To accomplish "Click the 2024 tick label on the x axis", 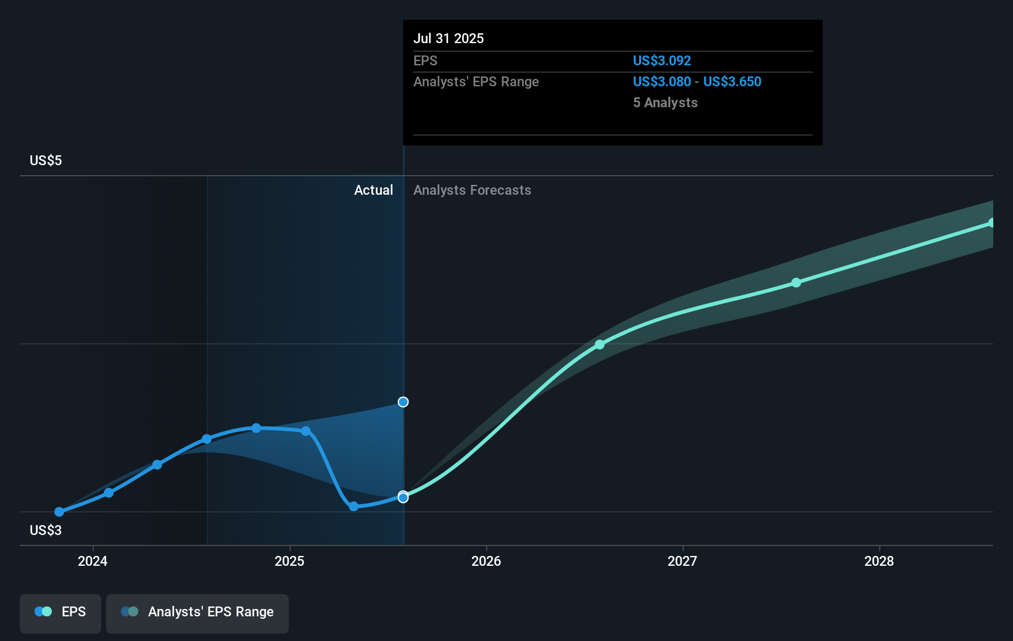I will click(93, 561).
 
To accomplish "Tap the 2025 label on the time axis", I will click(289, 561).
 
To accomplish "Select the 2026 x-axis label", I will click(486, 561).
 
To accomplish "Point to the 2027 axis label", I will click(682, 561).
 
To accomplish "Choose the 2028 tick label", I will click(879, 561).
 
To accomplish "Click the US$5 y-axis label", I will click(46, 161).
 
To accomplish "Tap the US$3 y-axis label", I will click(46, 530).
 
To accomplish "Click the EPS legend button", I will click(60, 612).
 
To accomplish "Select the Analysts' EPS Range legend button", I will click(197, 612).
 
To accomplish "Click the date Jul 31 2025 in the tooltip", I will click(449, 38).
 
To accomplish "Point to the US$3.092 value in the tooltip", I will click(662, 60).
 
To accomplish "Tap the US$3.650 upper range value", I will click(732, 81).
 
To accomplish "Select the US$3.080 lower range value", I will click(662, 81).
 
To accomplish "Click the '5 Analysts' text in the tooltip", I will click(665, 102).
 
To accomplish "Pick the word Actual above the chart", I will click(373, 190).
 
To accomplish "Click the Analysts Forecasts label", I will click(472, 190).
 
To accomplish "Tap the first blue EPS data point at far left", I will click(59, 512).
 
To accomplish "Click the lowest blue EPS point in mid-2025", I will click(354, 507).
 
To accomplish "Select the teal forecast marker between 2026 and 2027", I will click(600, 345).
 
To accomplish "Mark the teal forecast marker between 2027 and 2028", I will click(796, 282).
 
